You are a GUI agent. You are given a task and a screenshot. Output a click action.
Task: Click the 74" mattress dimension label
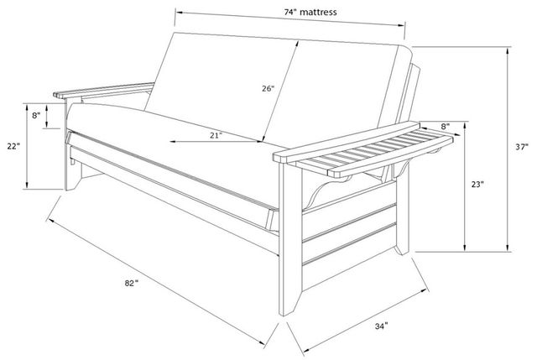tap(310, 13)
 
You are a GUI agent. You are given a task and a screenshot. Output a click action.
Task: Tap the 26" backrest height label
tap(268, 89)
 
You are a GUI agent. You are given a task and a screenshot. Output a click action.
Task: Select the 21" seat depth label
tap(216, 135)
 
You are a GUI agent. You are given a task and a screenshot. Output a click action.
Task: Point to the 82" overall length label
tap(131, 283)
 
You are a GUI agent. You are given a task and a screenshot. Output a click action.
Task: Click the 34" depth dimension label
tap(381, 326)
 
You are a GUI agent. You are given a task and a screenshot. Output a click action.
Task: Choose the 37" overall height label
tap(522, 147)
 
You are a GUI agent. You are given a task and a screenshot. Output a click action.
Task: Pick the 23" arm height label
tap(477, 184)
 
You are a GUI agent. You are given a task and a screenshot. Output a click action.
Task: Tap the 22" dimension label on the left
tap(13, 146)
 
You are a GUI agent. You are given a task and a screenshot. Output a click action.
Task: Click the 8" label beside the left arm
tap(36, 116)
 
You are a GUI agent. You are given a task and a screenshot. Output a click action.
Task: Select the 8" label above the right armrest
tap(446, 127)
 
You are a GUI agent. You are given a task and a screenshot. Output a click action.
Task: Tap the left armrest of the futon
tap(104, 91)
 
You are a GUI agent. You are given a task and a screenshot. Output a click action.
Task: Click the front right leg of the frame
tap(290, 240)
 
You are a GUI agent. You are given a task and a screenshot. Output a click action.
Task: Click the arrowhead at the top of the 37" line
tap(508, 50)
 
